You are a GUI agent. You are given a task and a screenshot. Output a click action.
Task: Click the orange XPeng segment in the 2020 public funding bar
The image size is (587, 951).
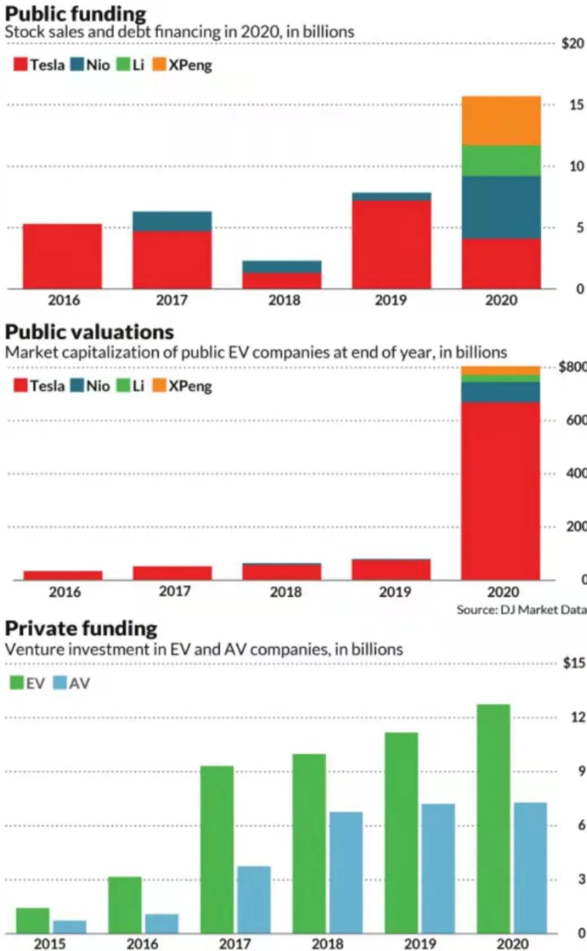pos(501,120)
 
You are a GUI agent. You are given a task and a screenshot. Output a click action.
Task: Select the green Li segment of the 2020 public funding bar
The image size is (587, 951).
pos(501,161)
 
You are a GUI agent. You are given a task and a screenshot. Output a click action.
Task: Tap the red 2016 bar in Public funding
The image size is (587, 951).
pos(62,256)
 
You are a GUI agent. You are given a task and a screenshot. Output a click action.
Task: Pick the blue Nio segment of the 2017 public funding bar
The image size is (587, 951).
pos(172,221)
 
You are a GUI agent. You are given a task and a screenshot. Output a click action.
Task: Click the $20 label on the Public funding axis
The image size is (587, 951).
pos(572,44)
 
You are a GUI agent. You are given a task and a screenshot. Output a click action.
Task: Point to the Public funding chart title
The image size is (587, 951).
pos(75,14)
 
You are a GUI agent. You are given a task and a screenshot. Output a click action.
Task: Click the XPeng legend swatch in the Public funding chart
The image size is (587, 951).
pos(159,64)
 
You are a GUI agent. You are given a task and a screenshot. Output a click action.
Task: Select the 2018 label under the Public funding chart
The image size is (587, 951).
pos(284,300)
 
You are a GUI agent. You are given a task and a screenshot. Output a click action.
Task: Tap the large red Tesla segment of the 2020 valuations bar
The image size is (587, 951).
pos(500,491)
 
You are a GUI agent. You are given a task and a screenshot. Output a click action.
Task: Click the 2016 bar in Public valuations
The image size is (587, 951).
pos(63,575)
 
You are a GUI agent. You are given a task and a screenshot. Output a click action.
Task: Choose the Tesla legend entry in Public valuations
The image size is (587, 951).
pos(39,386)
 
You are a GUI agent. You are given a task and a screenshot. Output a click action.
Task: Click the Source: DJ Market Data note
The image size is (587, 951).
pos(521,609)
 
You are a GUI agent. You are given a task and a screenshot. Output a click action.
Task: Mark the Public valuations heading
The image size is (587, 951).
pos(89,332)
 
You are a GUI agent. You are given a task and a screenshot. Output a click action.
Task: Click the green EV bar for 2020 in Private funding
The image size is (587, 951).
pos(493,818)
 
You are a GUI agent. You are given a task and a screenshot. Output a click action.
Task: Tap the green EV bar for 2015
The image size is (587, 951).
pos(33,920)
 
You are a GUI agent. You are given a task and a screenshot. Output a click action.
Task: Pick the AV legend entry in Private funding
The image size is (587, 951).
pos(71,683)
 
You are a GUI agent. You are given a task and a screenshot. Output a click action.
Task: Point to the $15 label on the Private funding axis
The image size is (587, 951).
pos(573,663)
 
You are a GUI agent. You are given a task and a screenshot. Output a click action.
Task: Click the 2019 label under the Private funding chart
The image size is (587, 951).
pos(420,944)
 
